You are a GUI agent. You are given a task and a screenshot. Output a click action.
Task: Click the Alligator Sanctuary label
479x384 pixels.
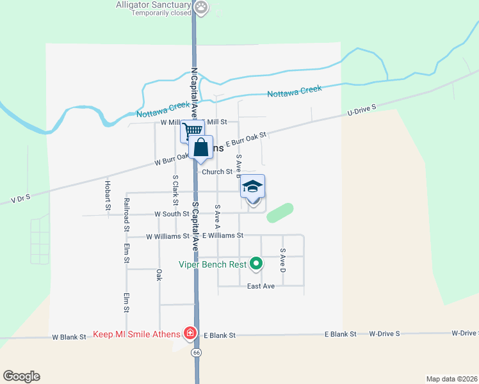tap(154, 5)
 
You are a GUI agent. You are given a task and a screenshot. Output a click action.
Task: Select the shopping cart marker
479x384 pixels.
tap(191, 132)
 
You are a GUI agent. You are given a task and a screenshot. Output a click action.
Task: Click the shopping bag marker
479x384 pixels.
tap(200, 147)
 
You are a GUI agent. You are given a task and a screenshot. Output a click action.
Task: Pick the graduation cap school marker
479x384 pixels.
tap(252, 186)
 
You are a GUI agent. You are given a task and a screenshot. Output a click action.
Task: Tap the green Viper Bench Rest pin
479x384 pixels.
tap(256, 263)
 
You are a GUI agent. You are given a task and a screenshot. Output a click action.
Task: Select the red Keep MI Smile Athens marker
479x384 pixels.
tap(190, 333)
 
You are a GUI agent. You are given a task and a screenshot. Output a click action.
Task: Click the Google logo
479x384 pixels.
tap(21, 376)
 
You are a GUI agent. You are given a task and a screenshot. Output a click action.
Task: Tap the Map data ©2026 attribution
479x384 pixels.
tap(451, 379)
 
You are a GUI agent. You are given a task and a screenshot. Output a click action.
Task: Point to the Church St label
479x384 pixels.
tap(217, 172)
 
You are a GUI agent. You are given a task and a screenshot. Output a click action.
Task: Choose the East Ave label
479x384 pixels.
tap(261, 286)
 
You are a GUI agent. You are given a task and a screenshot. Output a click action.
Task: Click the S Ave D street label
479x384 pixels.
tap(282, 260)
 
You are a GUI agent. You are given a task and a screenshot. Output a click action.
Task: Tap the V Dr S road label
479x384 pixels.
tap(21, 200)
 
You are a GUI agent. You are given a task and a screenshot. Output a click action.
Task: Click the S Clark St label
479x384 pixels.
tap(174, 187)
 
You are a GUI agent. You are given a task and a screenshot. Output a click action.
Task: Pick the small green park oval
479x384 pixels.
tap(280, 213)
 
